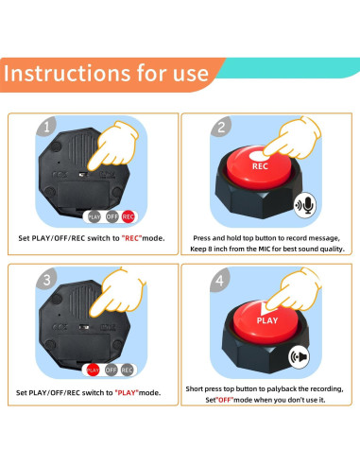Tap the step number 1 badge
click(x=46, y=127)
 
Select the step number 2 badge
click(x=221, y=127)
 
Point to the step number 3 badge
click(x=46, y=279)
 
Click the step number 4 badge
click(x=220, y=279)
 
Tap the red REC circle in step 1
click(x=128, y=216)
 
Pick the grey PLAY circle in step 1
click(x=94, y=216)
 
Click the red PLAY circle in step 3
click(x=93, y=370)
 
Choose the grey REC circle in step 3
click(x=127, y=370)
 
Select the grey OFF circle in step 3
click(x=111, y=370)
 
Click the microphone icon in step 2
click(x=305, y=205)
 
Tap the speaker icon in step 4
click(x=299, y=357)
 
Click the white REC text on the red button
click(x=260, y=166)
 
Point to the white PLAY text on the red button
click(x=267, y=320)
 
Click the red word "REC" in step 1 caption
click(x=132, y=238)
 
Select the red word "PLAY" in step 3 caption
click(x=127, y=392)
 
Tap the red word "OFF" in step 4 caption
click(x=225, y=400)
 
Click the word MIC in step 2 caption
click(x=265, y=249)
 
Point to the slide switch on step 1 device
click(x=83, y=174)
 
